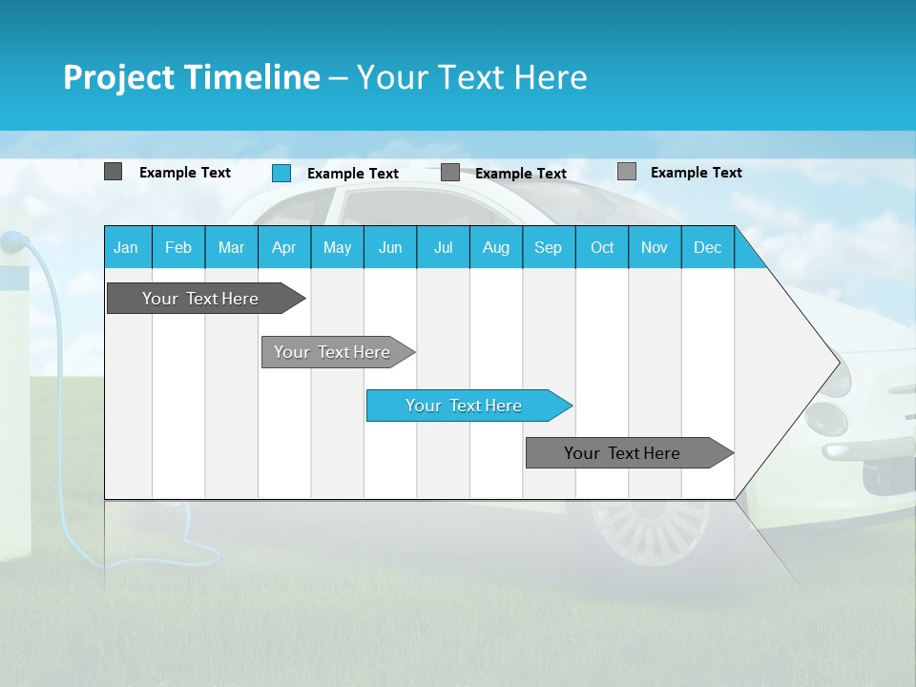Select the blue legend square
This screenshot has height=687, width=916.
(x=281, y=173)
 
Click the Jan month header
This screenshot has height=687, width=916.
(x=126, y=247)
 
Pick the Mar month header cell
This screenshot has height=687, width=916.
(x=231, y=247)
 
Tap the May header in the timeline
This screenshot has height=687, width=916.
(x=337, y=247)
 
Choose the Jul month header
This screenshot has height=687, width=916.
(x=443, y=247)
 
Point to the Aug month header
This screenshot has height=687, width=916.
(x=495, y=247)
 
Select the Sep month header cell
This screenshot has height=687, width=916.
(x=548, y=247)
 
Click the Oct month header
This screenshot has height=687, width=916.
(x=602, y=247)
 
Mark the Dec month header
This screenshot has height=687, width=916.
(x=707, y=247)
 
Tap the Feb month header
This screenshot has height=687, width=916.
(x=178, y=247)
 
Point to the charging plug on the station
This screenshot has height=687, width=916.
(x=11, y=242)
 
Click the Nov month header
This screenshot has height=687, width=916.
(x=655, y=247)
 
